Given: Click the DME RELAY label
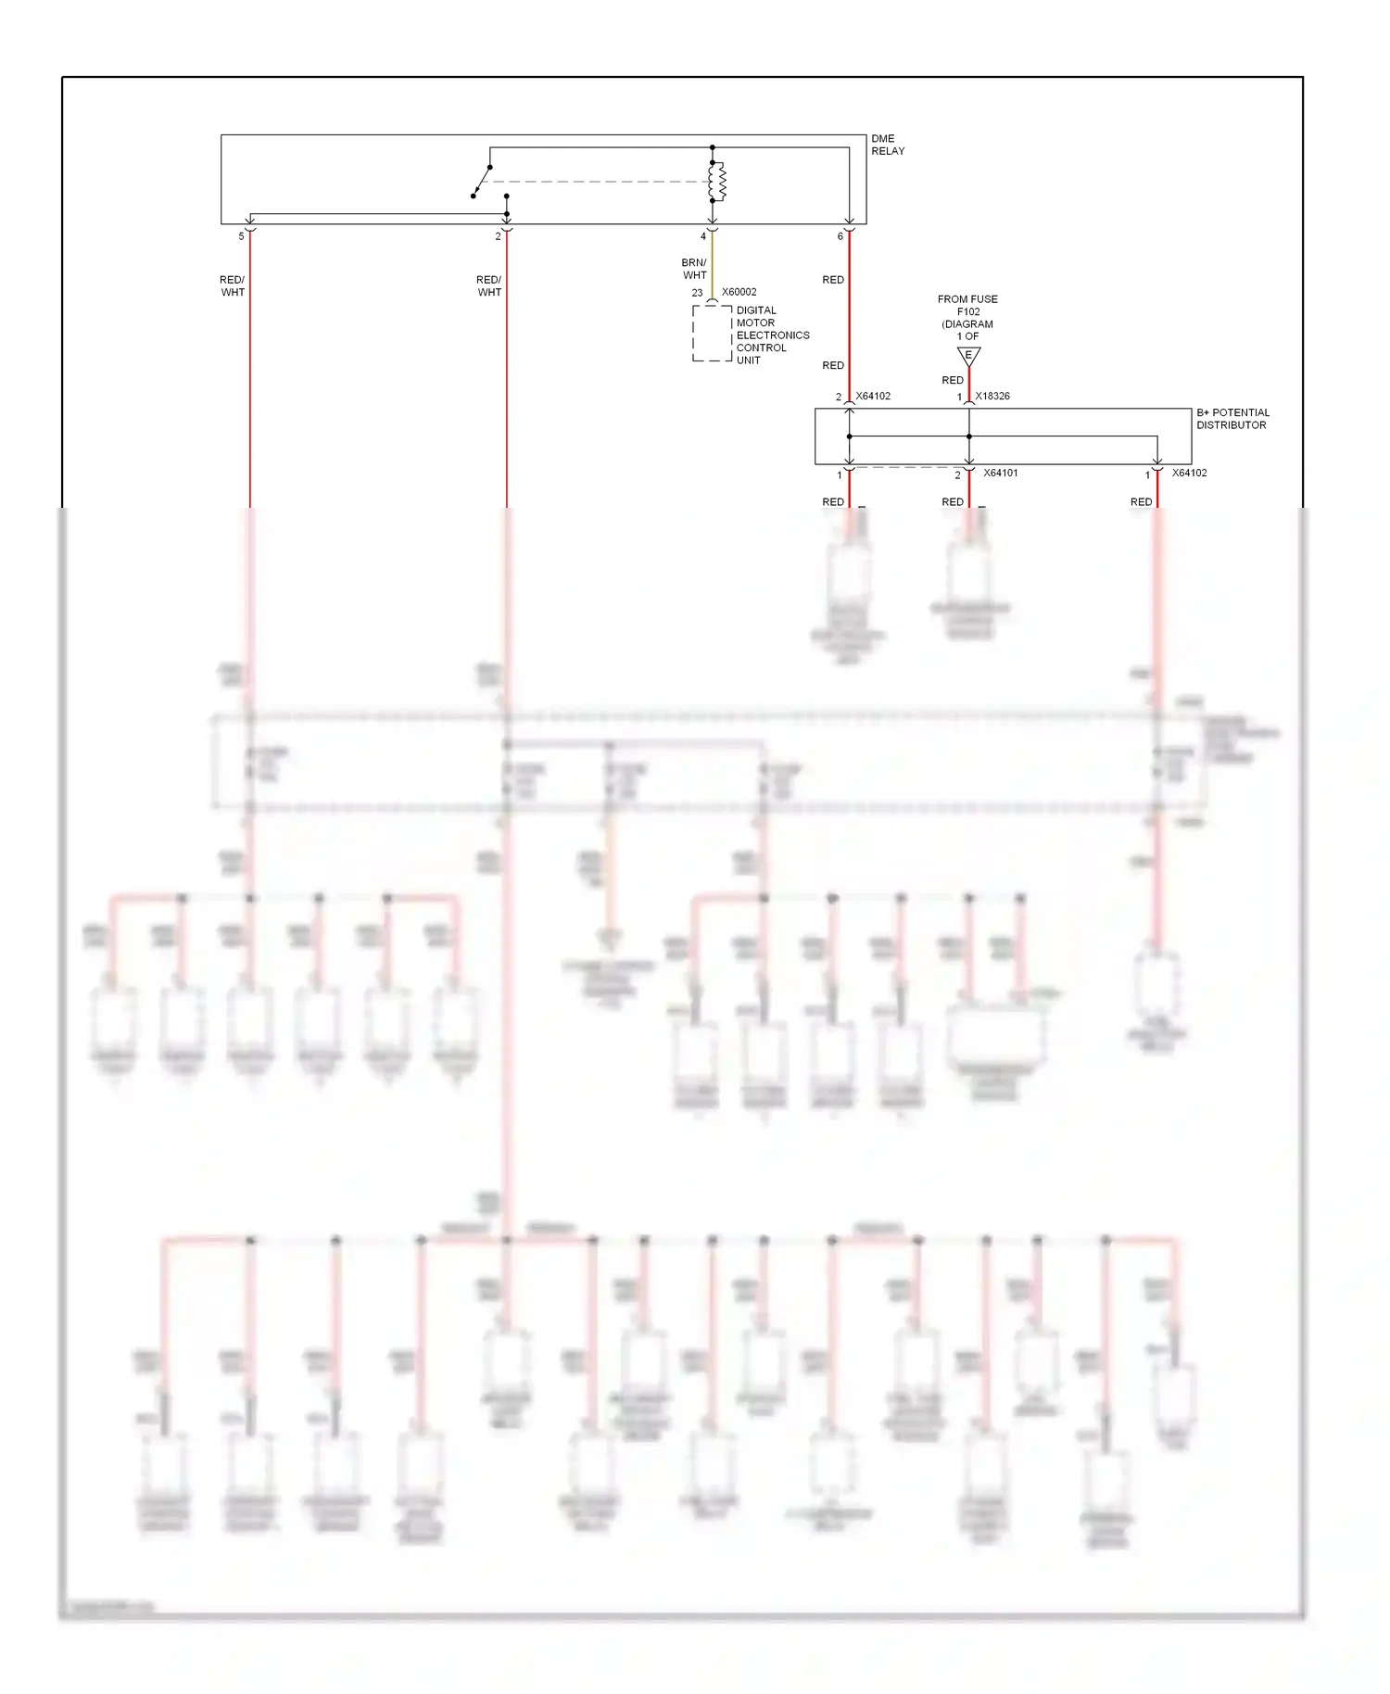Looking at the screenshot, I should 887,145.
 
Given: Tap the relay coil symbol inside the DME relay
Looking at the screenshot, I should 716,182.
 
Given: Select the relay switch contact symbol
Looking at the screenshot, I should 482,181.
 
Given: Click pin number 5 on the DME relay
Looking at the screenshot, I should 241,236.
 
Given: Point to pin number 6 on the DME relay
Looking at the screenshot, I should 840,236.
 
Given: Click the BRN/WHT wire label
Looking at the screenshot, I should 694,269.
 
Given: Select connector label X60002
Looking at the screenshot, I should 739,292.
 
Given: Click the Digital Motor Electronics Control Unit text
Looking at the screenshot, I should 771,335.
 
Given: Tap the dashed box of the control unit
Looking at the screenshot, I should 712,334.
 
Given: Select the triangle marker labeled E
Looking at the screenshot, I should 968,356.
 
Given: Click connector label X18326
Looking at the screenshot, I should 992,396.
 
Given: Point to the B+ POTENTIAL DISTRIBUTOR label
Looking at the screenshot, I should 1232,419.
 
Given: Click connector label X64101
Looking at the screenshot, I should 1000,473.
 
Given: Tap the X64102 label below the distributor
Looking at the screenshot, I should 1189,473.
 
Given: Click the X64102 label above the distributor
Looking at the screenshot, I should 873,396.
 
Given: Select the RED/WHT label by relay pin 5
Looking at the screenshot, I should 232,285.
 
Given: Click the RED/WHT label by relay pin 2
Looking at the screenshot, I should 488,285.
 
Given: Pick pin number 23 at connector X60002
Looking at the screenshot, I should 697,293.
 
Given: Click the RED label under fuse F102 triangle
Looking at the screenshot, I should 952,380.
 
